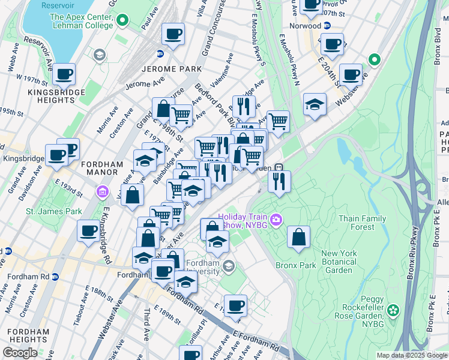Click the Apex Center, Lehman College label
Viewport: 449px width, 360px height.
point(82,21)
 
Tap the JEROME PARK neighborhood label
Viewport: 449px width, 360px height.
point(171,69)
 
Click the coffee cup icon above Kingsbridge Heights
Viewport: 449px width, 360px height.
point(64,75)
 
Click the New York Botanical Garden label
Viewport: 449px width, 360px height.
point(340,262)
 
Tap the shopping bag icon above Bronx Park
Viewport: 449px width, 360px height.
point(298,238)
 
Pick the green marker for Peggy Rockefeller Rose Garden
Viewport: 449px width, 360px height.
point(393,310)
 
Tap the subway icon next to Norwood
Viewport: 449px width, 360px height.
point(327,26)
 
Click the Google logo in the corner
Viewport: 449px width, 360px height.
point(20,353)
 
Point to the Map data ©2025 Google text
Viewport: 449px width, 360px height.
point(411,355)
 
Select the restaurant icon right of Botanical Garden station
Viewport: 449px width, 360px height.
point(279,182)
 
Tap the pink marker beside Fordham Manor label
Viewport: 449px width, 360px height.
point(101,192)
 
